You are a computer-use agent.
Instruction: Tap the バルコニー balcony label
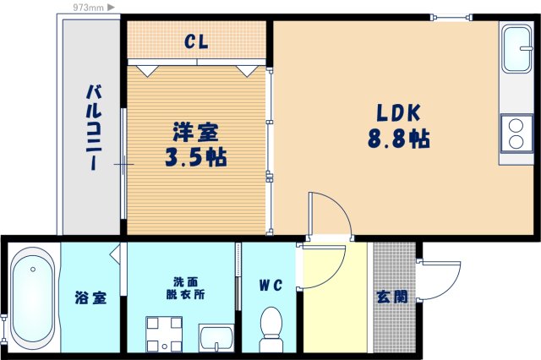(95, 127)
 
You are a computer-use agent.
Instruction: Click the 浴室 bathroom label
(90, 297)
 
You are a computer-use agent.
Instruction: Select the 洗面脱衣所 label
(184, 288)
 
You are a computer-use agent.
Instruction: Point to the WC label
(271, 285)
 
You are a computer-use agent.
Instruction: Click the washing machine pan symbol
(163, 333)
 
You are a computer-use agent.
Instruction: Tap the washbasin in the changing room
(216, 337)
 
